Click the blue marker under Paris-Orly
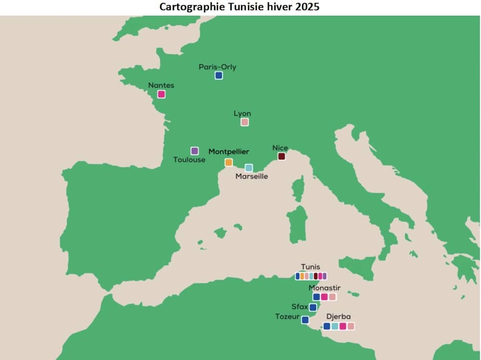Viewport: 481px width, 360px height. click(x=219, y=76)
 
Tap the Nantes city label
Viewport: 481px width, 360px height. click(x=161, y=85)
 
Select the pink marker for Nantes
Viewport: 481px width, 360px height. click(x=162, y=94)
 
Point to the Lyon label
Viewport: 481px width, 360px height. click(x=242, y=114)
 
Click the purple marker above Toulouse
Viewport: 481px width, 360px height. click(x=195, y=151)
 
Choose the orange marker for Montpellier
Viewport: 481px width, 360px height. click(x=228, y=162)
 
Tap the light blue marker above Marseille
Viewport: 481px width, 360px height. click(x=249, y=168)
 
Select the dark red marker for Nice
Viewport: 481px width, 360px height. click(x=282, y=156)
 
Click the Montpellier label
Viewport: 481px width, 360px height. click(x=229, y=152)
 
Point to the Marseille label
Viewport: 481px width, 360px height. click(x=252, y=177)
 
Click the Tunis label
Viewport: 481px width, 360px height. click(x=310, y=267)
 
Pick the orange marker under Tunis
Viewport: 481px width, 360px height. click(x=302, y=276)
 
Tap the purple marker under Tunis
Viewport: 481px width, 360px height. click(x=325, y=276)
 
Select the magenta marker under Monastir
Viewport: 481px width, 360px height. click(x=324, y=297)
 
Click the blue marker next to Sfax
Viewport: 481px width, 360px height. click(x=313, y=308)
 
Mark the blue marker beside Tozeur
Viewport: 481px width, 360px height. click(x=305, y=320)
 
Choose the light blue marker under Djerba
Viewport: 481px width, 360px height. click(x=335, y=326)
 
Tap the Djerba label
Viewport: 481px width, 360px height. click(x=339, y=317)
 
